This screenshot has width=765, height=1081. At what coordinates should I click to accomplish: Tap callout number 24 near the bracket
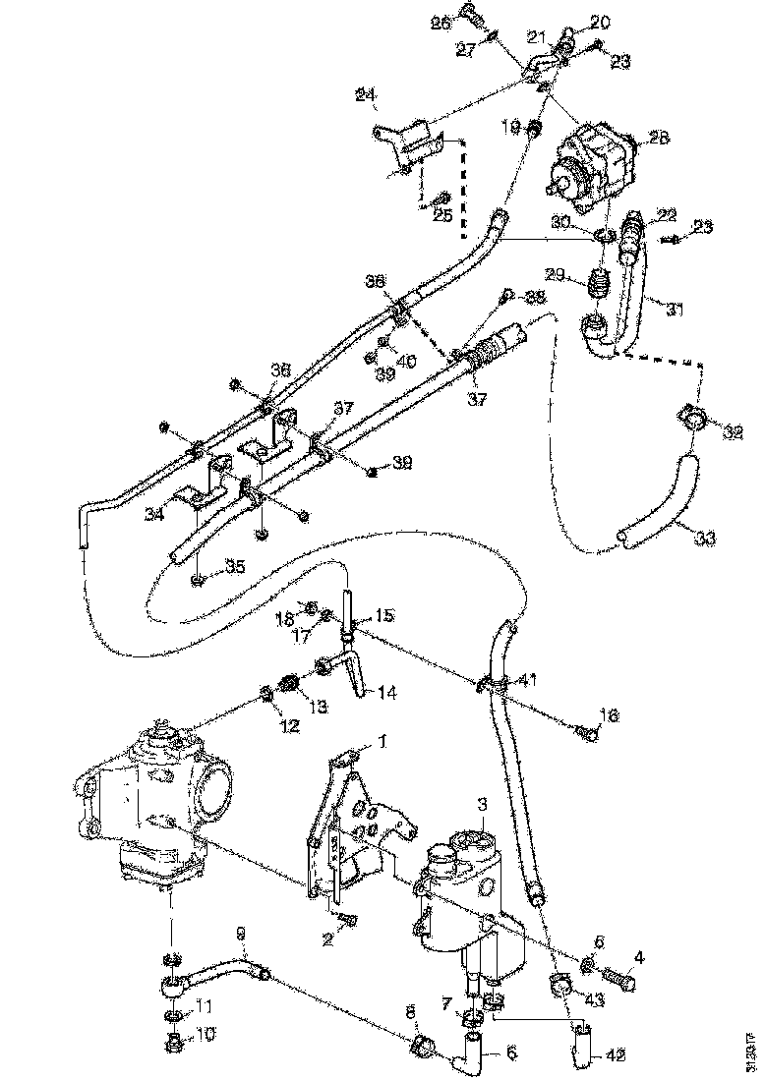point(366,95)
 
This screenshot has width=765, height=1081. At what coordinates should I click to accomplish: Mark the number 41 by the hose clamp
point(528,678)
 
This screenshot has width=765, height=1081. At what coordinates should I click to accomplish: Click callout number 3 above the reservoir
point(482,804)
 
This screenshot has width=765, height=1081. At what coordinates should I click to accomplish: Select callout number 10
point(205,1035)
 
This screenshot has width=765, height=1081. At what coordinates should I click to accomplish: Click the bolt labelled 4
point(618,978)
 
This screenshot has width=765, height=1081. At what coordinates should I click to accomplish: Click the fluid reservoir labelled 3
point(459,894)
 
